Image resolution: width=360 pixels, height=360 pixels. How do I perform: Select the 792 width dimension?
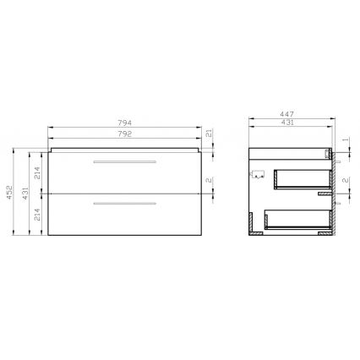tap(125, 133)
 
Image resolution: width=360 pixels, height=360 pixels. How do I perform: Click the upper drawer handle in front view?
tap(125, 161)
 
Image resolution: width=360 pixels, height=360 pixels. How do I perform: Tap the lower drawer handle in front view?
tap(125, 203)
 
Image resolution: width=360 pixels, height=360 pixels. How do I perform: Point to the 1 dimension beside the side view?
tap(345, 140)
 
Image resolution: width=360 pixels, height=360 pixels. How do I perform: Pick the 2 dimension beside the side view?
tap(345, 180)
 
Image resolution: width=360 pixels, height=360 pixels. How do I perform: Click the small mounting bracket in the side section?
tap(258, 175)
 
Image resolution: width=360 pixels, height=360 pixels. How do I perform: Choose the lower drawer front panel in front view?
tap(125, 215)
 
